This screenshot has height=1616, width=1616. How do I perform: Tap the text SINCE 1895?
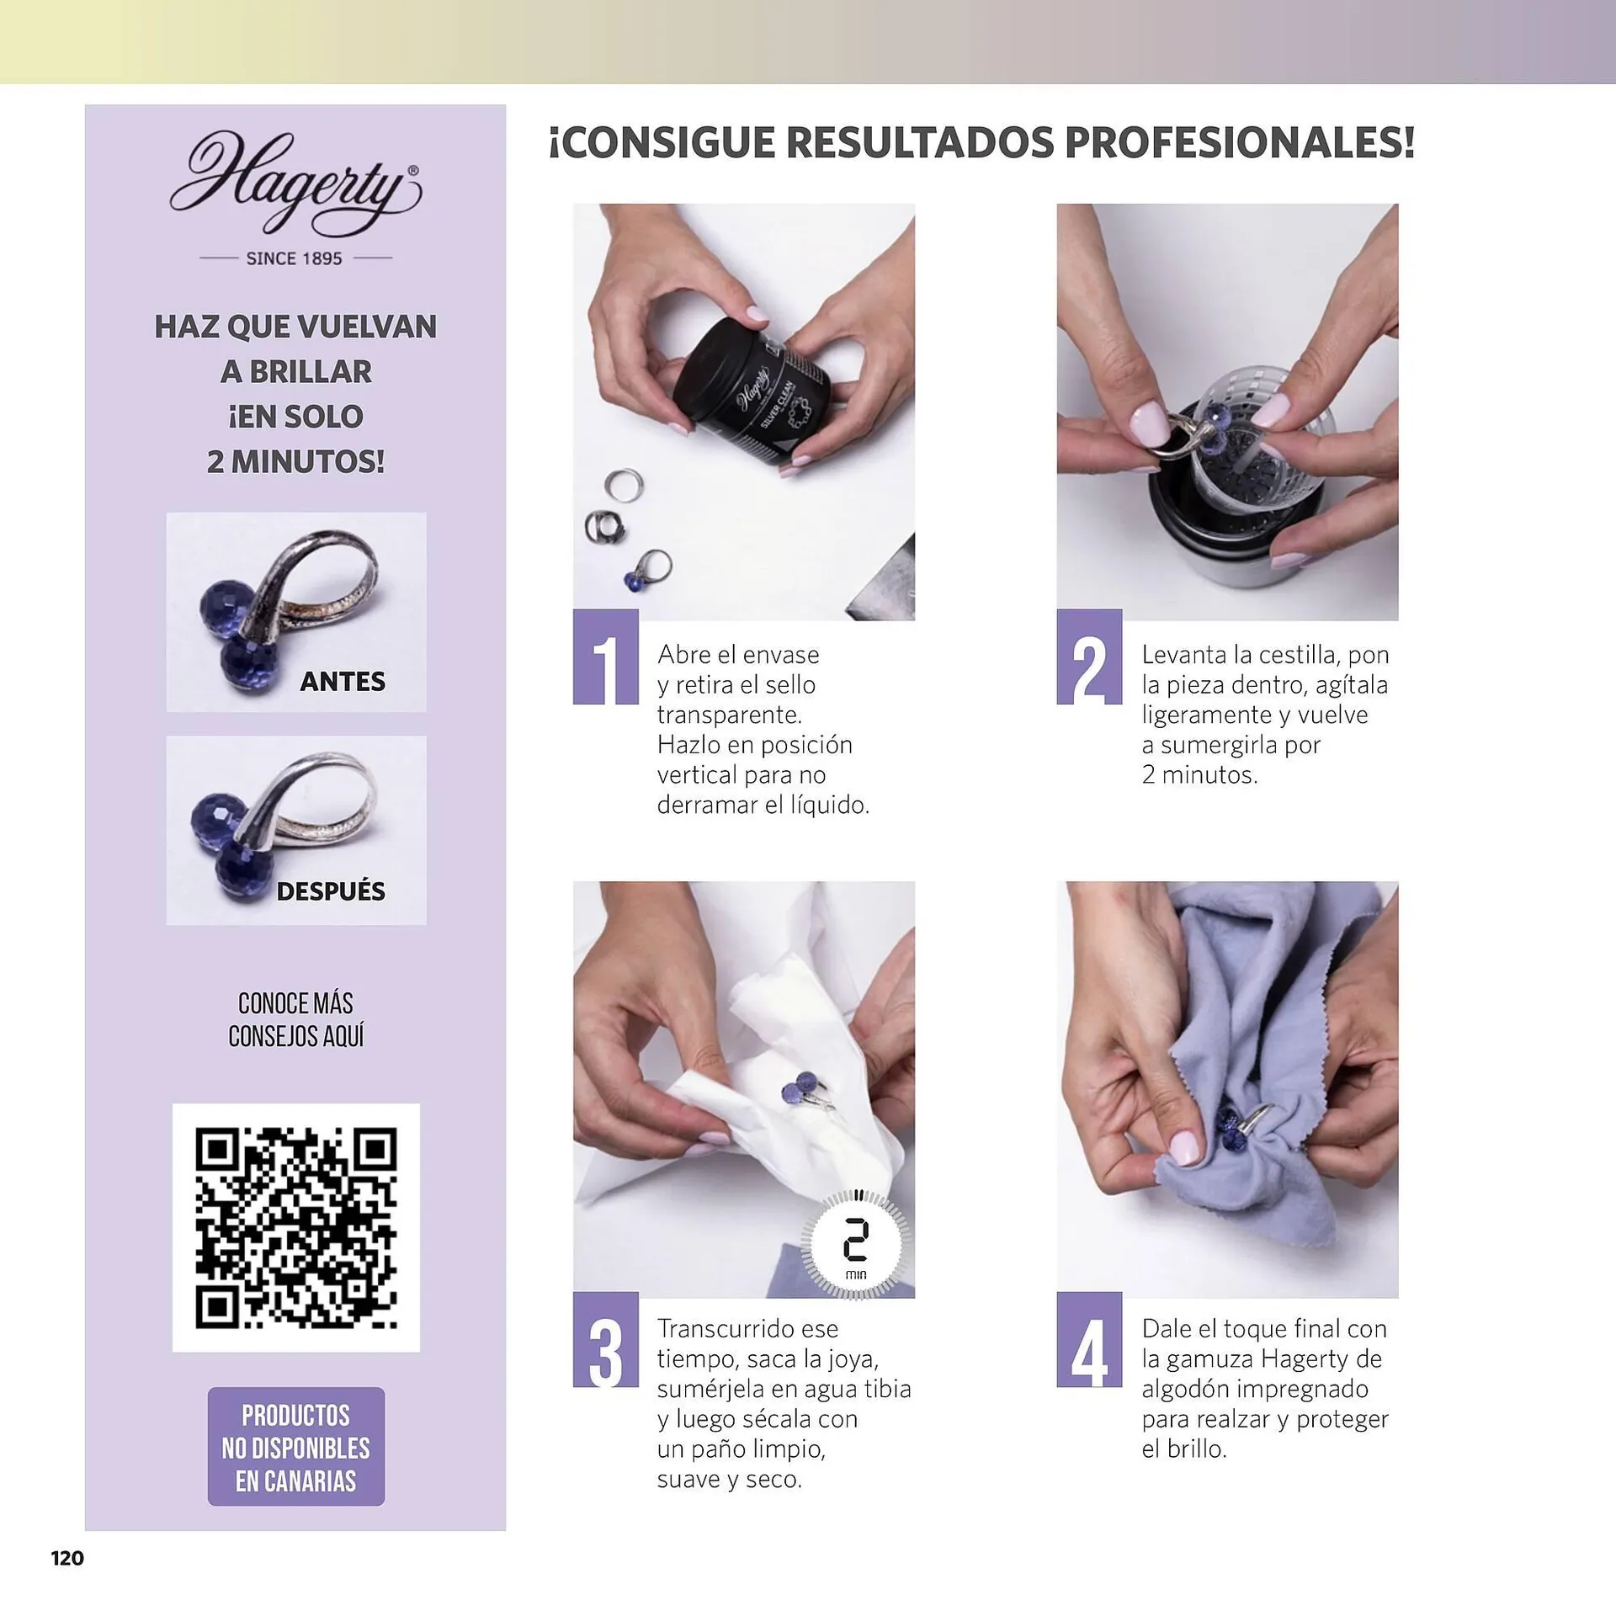295,258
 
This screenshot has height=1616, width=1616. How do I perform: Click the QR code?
296,1227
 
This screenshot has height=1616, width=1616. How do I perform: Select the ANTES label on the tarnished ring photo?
343,681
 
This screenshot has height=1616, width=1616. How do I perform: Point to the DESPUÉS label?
331,890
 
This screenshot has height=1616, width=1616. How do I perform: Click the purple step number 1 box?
605,657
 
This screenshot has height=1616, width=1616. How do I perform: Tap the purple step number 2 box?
1089,657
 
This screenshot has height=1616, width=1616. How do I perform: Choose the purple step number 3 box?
605,1339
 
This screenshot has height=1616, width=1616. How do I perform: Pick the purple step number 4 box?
1089,1339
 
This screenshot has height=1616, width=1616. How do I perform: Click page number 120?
67,1558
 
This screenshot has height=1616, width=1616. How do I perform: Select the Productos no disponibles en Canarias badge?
296,1448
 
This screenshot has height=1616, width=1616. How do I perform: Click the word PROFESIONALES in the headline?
1240,142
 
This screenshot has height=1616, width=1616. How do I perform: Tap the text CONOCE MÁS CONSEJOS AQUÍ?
296,1019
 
